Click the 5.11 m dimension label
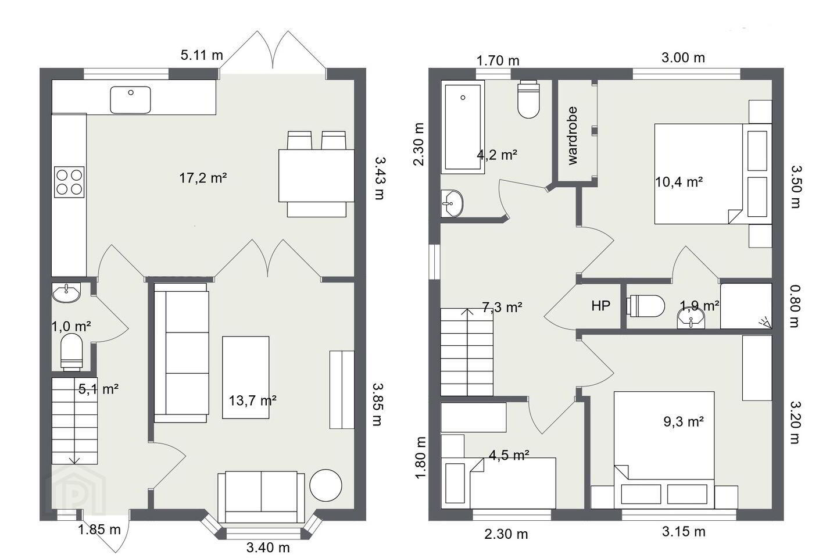click(202, 55)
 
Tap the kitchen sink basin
click(130, 100)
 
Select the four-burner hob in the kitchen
click(69, 182)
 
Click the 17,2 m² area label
click(203, 178)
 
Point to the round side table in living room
click(325, 485)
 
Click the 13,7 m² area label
click(253, 400)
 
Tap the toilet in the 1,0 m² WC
click(71, 352)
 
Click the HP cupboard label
click(601, 306)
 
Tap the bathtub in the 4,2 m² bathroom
click(463, 127)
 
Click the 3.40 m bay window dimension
click(268, 548)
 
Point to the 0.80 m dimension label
click(795, 306)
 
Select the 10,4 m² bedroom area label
click(679, 182)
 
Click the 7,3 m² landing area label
click(502, 307)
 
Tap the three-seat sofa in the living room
click(181, 353)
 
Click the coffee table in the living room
click(245, 377)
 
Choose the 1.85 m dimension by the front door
click(99, 530)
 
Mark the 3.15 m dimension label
click(684, 531)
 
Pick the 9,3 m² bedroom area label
click(684, 421)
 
